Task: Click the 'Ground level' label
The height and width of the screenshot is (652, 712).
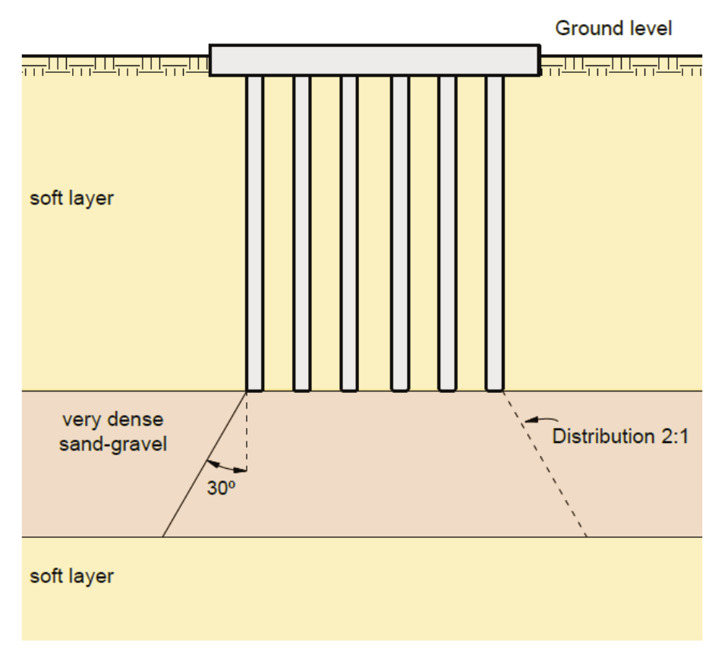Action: (613, 29)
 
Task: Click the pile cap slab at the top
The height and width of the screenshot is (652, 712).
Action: (374, 60)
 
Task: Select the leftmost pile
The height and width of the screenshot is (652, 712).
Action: (255, 228)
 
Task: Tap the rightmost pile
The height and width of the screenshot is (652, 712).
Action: (495, 228)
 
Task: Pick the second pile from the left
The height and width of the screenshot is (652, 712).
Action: (302, 228)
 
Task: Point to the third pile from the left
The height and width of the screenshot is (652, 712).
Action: (349, 228)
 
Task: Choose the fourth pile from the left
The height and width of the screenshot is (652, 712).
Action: (400, 228)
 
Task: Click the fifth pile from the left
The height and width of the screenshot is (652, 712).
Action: (448, 228)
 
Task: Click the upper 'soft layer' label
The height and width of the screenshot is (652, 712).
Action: (71, 199)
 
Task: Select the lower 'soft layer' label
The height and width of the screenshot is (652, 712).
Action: (71, 575)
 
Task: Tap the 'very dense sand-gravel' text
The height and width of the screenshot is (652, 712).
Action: (113, 431)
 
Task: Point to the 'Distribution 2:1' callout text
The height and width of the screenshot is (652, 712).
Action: (620, 437)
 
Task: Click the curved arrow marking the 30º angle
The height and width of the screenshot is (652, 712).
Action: (226, 465)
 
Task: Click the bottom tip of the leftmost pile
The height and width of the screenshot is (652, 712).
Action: (255, 389)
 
